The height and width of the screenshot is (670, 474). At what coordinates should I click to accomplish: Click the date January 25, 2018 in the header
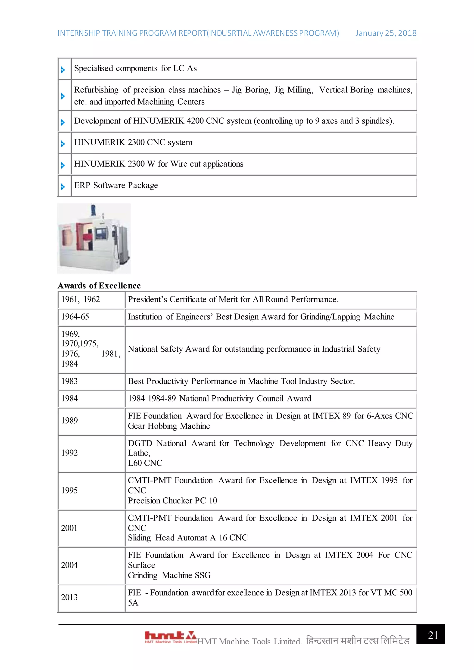coord(386,33)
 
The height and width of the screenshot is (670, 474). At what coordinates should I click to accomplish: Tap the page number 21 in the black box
coord(433,635)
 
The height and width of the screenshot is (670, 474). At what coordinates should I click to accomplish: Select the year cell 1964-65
coord(75,317)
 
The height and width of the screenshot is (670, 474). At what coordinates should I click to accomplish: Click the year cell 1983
coord(69,382)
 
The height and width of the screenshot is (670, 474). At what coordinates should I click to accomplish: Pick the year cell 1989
coord(69,421)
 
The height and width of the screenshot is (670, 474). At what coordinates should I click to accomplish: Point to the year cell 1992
coord(69,453)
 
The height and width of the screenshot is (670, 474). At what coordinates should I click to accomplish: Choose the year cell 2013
coord(69,598)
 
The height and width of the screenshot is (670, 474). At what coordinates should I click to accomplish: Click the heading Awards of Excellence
coord(99,286)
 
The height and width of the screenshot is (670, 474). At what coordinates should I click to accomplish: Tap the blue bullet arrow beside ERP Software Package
coord(62,186)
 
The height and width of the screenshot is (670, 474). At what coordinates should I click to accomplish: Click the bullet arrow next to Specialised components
coord(62,70)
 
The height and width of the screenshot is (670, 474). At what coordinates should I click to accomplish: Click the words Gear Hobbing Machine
coord(169,426)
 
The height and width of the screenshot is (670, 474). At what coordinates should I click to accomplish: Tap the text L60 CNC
coord(145,463)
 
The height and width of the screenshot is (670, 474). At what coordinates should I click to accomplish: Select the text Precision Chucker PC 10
coord(172,501)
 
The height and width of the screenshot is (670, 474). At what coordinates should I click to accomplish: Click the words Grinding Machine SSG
coord(169,575)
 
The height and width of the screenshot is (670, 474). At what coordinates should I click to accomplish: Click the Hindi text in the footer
coord(358,641)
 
